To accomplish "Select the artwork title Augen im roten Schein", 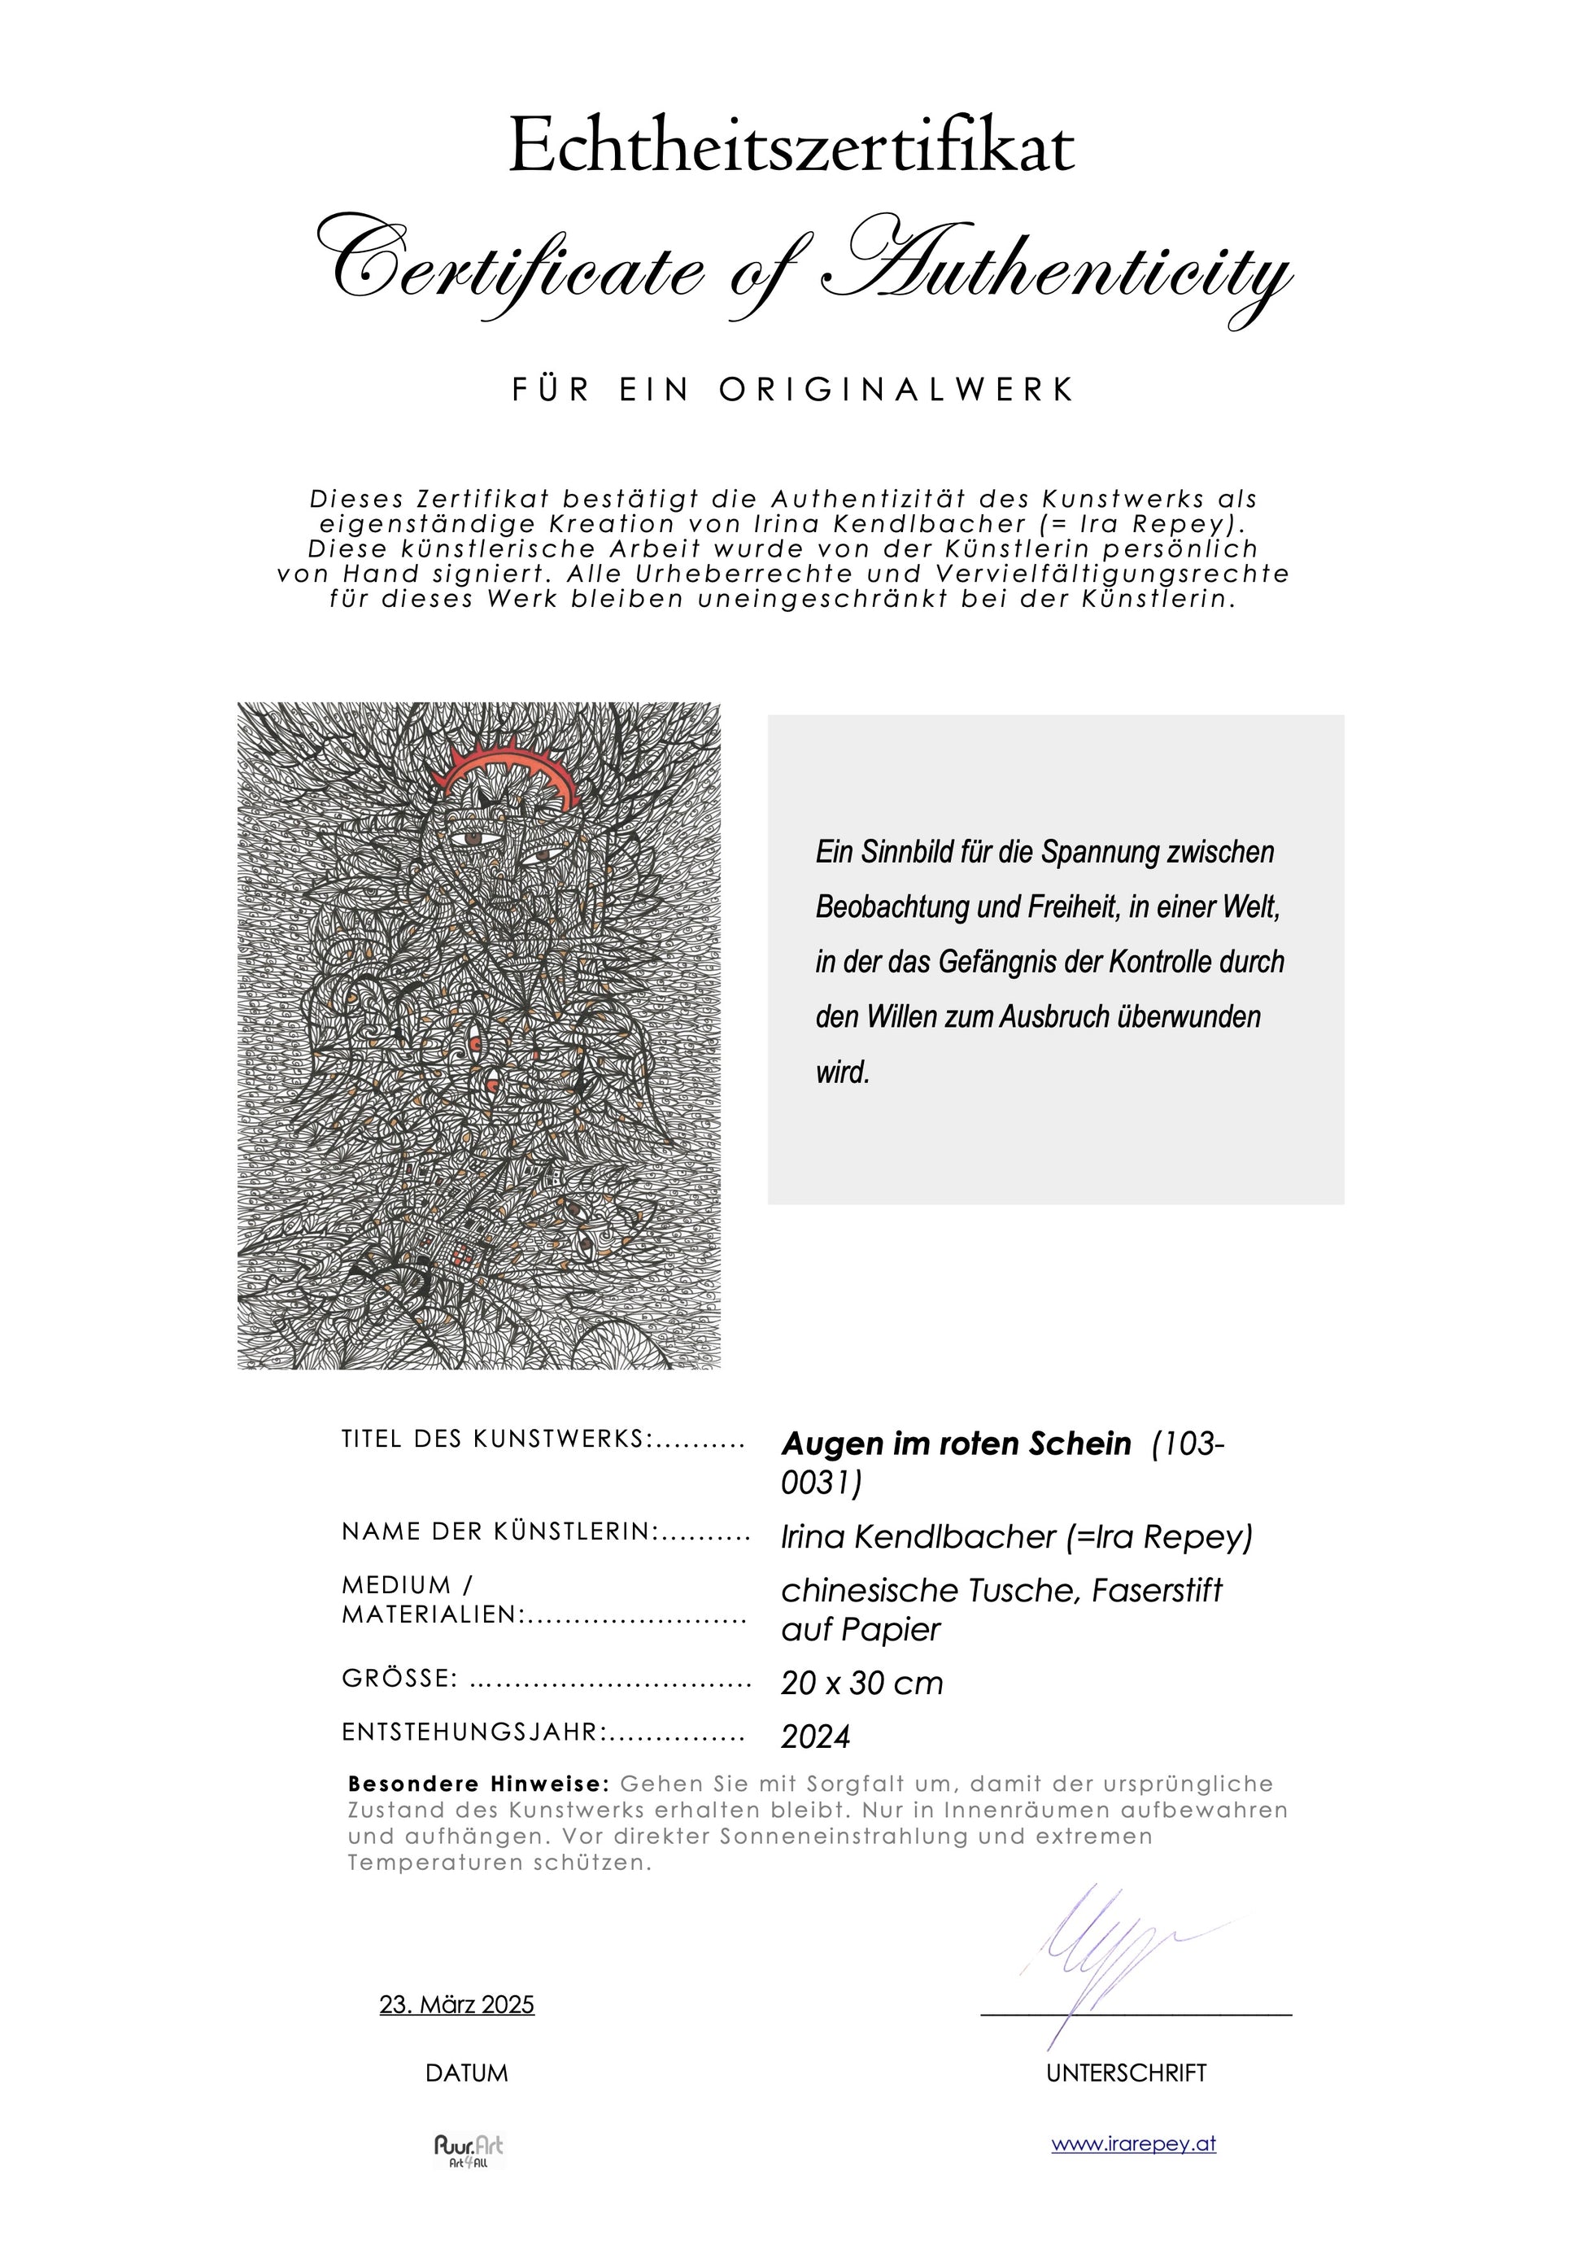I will tap(957, 1443).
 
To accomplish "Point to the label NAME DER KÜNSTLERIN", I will tap(500, 1531).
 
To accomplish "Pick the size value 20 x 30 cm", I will tap(861, 1683).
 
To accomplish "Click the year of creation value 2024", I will tap(816, 1736).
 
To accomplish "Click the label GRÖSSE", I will tap(400, 1679).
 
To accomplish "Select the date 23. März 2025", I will tap(456, 2005).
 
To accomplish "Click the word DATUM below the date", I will tap(466, 2073).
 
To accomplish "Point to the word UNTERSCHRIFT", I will tap(1127, 2073).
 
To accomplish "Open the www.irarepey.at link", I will tap(1133, 2144).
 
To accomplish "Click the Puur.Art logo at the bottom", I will tap(469, 2150).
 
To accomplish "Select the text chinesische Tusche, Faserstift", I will tap(1001, 1590).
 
